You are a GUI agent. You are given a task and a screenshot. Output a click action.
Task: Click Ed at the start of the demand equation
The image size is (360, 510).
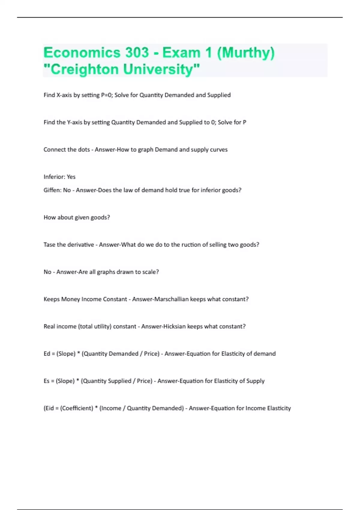(x=47, y=354)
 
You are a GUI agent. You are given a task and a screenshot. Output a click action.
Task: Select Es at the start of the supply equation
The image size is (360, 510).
(x=46, y=381)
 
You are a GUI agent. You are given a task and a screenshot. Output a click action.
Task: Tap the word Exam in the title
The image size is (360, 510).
(x=181, y=52)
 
